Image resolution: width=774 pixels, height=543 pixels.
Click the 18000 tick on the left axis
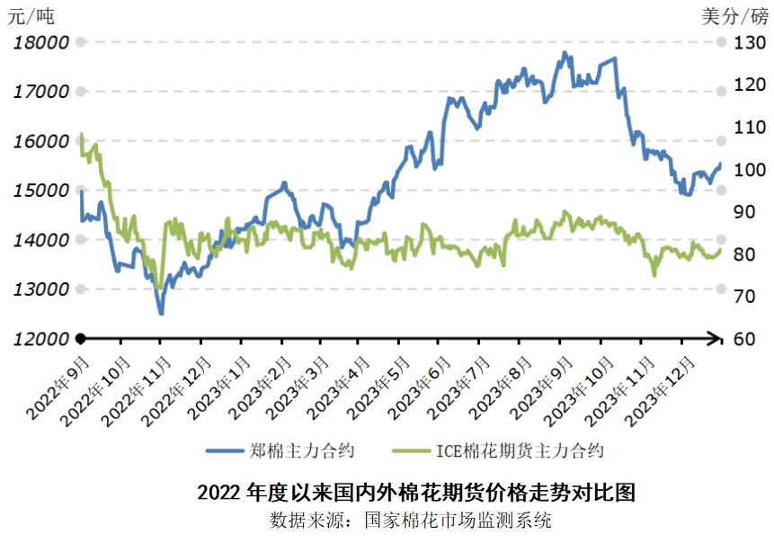click(40, 42)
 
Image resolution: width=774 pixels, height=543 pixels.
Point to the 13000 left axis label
click(40, 289)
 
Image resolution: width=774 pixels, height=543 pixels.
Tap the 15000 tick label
click(40, 191)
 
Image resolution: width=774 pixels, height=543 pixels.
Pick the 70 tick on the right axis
click(748, 297)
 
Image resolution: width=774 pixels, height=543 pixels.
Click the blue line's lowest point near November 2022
click(161, 314)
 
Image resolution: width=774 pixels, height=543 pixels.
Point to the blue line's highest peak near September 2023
click(564, 53)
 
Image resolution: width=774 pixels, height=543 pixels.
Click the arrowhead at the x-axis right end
click(717, 339)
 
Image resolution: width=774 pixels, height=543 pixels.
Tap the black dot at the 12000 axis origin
click(80, 339)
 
